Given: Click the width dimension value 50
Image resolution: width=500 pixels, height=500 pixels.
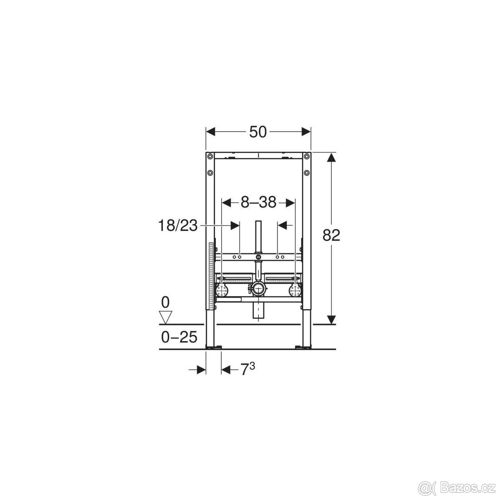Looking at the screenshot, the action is pos(258,132).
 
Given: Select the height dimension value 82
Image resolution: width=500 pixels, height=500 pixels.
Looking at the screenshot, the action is pos(331,235).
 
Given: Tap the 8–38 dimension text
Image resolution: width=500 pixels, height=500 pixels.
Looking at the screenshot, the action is pos(258,202).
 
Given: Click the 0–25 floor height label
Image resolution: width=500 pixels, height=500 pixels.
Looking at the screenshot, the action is pos(179,337).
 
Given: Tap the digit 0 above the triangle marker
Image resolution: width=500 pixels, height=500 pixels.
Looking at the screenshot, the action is pos(165,302).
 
